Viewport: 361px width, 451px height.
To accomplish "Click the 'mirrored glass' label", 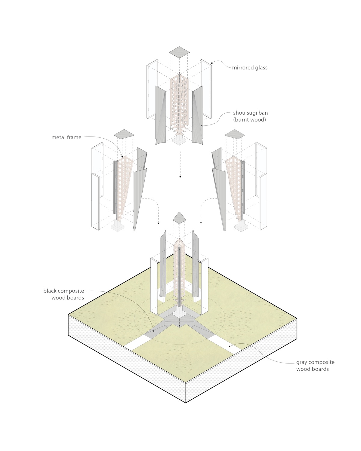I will pyautogui.click(x=249, y=68).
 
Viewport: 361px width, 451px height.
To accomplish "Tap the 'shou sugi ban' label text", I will pyautogui.click(x=250, y=113).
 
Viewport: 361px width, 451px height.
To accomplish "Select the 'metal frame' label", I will pyautogui.click(x=66, y=137).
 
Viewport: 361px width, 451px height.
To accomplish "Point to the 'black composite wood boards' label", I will pyautogui.click(x=63, y=294).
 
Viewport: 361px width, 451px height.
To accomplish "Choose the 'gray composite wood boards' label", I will pyautogui.click(x=315, y=366).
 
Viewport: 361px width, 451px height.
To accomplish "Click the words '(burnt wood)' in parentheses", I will pyautogui.click(x=250, y=120).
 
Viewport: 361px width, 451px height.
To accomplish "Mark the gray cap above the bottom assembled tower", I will pyautogui.click(x=180, y=217).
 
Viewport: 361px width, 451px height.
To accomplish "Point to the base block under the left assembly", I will pyautogui.click(x=118, y=226).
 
